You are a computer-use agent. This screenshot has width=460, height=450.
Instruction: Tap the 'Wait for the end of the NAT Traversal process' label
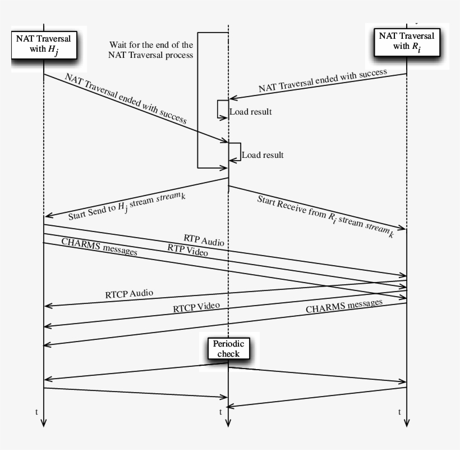[151, 49]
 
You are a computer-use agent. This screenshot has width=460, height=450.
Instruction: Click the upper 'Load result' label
[250, 112]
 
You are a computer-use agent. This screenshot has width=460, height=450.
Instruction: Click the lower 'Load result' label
[263, 155]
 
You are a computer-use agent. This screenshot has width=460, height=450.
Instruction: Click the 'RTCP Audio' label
[129, 294]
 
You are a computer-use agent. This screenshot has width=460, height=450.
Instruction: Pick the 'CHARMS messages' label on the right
[344, 306]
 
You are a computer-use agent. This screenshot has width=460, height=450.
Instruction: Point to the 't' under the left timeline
[36, 412]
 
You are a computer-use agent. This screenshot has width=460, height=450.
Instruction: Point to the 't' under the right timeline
[399, 412]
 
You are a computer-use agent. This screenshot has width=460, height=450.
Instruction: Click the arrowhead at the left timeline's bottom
[44, 423]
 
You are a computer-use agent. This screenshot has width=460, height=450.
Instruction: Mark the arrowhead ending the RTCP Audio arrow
[48, 306]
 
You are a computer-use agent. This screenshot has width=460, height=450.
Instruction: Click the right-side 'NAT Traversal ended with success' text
[323, 80]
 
